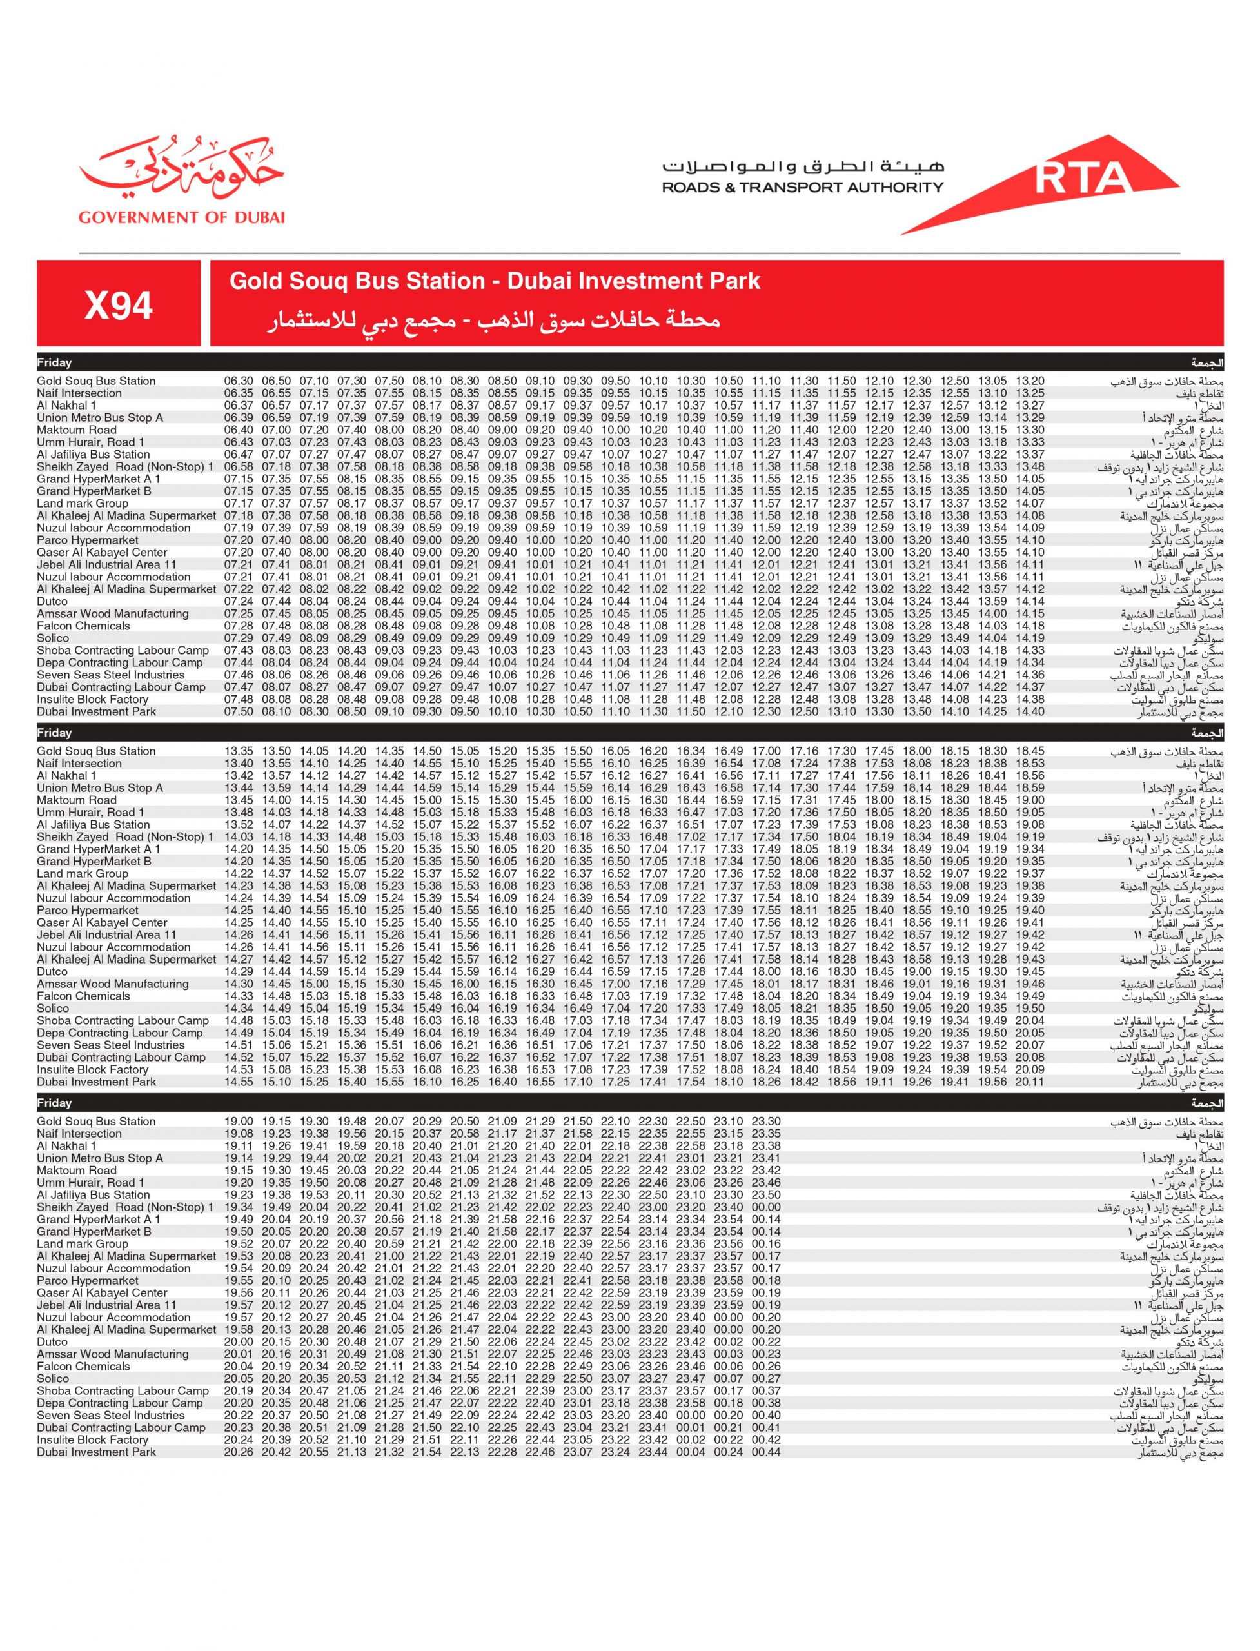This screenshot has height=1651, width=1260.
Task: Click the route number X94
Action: tap(119, 305)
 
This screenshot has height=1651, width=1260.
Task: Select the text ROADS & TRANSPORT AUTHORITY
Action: tap(803, 188)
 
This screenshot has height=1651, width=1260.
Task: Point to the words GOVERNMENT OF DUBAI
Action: tap(181, 217)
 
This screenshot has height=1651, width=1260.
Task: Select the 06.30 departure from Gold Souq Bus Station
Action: tap(239, 381)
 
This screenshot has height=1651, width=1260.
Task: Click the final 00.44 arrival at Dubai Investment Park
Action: tap(766, 1452)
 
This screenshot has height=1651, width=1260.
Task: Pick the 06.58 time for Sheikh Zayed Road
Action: tap(239, 466)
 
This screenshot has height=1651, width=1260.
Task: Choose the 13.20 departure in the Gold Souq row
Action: tap(1030, 381)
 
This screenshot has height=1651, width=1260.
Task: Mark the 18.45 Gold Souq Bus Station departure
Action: tap(1030, 751)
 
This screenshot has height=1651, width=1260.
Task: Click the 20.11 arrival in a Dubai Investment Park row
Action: tap(1030, 1082)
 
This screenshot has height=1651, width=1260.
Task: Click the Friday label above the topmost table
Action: tap(55, 363)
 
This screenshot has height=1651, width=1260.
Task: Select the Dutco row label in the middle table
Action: tap(52, 971)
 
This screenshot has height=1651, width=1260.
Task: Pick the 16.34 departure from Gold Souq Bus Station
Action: tap(691, 751)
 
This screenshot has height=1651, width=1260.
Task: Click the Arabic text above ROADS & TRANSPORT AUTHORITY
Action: tap(803, 166)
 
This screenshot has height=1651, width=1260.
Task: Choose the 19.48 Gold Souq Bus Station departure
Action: tap(351, 1122)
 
